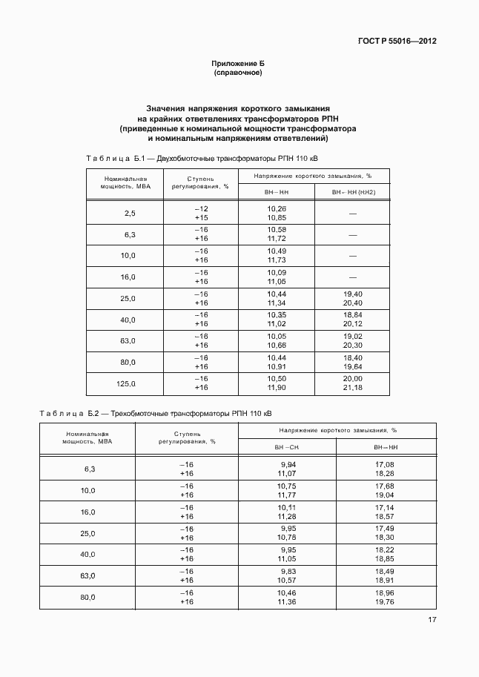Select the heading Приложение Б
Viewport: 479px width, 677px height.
pos(238,63)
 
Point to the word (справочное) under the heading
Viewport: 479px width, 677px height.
pos(238,73)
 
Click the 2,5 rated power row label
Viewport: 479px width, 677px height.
pos(130,214)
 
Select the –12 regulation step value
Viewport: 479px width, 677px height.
pos(201,209)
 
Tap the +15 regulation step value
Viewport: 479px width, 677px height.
pos(201,218)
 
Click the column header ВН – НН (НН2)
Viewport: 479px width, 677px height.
pos(352,192)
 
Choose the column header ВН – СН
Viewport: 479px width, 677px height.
pos(287,447)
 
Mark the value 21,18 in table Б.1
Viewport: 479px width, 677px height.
pos(352,388)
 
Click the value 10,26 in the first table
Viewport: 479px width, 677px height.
pos(277,209)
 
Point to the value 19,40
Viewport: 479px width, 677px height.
pos(352,294)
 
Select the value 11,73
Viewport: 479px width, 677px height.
pos(277,260)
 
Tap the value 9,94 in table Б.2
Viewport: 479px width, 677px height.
pos(288,464)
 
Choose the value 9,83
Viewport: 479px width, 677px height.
pos(288,572)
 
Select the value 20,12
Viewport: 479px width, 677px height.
pos(352,324)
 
